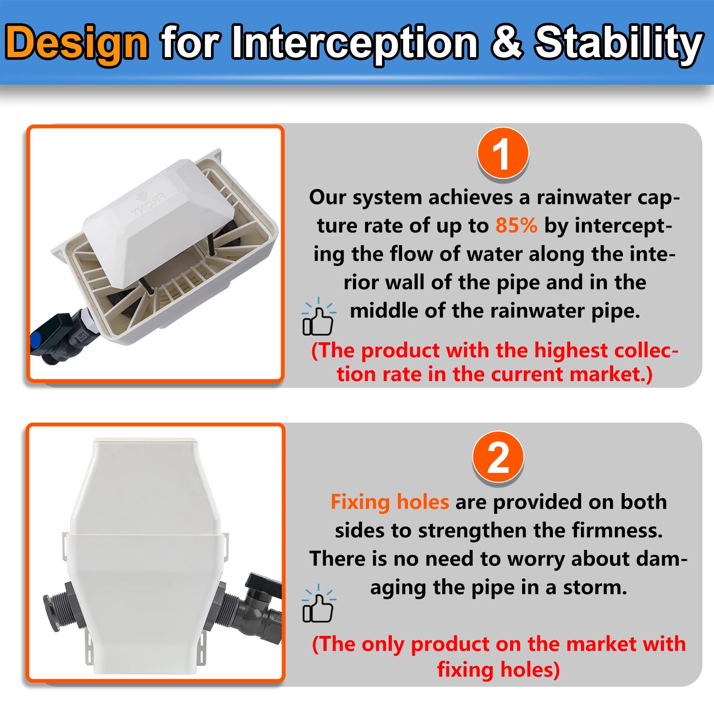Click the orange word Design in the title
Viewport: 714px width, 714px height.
tap(77, 43)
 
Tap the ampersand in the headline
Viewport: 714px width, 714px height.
tap(507, 42)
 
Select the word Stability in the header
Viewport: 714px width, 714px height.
tap(619, 43)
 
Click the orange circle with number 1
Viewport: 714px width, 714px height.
tap(503, 153)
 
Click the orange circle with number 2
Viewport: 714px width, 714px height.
tap(498, 457)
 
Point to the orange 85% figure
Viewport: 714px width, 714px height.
tap(516, 225)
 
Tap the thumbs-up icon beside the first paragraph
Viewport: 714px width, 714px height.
tap(318, 317)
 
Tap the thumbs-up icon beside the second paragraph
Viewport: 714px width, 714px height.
tap(318, 603)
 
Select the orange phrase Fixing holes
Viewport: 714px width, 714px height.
tap(390, 502)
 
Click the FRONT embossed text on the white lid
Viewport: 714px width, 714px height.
tap(148, 204)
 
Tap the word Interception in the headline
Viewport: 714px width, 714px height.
tap(355, 43)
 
